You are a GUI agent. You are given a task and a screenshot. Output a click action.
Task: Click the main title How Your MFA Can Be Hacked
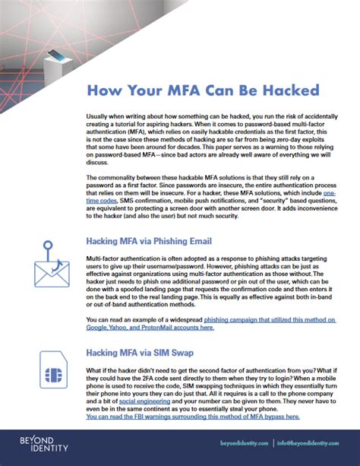coord(203,91)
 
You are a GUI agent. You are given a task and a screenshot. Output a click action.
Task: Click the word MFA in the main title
coord(182,91)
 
